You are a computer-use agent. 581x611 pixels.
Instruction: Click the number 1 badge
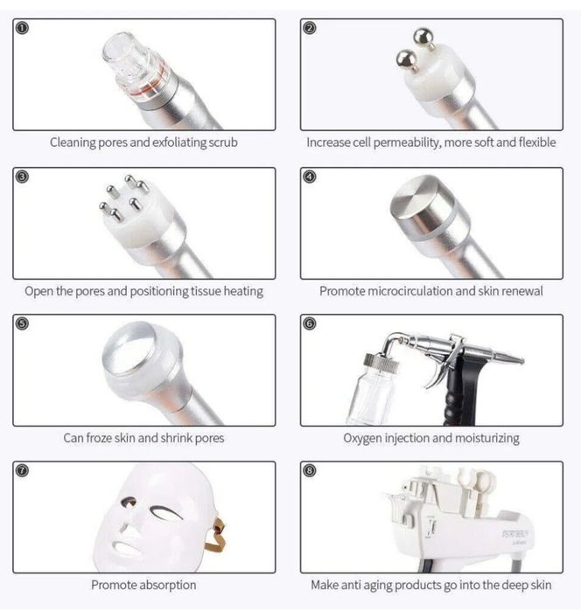[22, 28]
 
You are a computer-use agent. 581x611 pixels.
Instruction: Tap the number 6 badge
[310, 323]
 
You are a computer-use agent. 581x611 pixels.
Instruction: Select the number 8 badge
[310, 471]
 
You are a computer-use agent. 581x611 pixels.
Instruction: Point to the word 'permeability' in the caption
[407, 142]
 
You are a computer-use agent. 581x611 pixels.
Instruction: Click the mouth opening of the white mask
[127, 547]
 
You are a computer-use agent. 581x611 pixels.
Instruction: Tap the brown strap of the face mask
[216, 535]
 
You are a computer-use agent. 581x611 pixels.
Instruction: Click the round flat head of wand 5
[129, 352]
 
